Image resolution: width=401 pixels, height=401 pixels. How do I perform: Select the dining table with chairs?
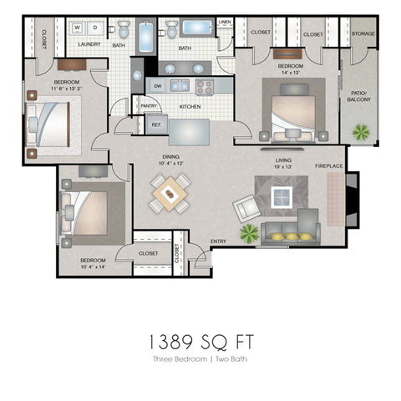click(x=170, y=196)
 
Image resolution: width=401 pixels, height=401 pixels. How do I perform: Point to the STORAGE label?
click(x=363, y=34)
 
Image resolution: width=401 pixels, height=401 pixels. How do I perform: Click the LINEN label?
click(x=225, y=23)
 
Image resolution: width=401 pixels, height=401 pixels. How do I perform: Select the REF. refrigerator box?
click(x=156, y=124)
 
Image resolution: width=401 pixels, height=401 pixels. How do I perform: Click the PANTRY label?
click(x=149, y=106)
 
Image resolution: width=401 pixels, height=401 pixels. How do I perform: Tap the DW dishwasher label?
click(x=157, y=86)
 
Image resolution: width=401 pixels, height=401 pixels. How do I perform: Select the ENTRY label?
click(x=218, y=241)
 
